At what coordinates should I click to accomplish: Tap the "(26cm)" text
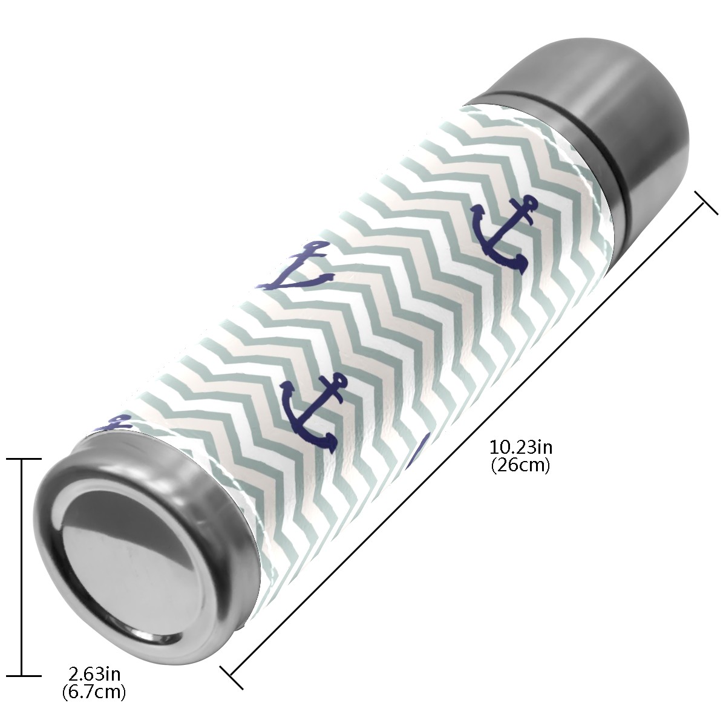coord(521,466)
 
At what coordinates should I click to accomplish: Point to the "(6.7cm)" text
coord(94,681)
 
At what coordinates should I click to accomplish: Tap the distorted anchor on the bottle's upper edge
coord(296,268)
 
